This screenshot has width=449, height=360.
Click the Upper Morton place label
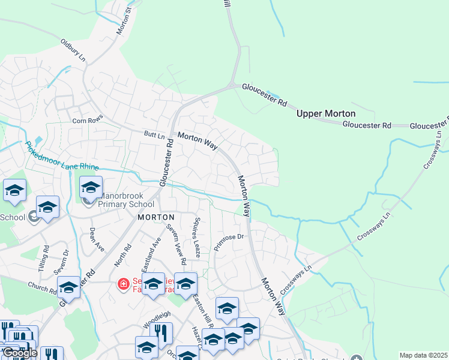click(x=326, y=113)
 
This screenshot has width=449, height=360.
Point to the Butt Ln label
click(x=154, y=136)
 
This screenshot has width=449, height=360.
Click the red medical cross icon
click(x=123, y=283)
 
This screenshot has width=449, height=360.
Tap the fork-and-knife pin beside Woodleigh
click(x=161, y=332)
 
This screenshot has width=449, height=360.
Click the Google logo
click(x=20, y=353)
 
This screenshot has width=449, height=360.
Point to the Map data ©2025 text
click(x=423, y=355)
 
